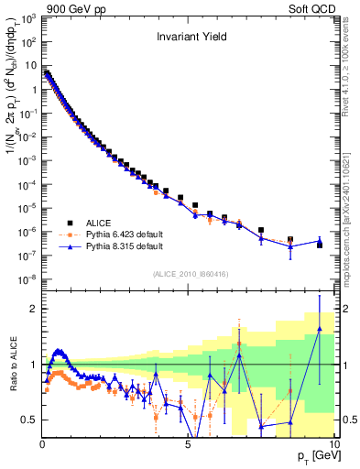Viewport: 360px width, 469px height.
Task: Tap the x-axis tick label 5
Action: coord(188,445)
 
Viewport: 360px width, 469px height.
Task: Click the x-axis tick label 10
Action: coord(333,445)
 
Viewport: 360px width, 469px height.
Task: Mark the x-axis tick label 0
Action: coord(42,445)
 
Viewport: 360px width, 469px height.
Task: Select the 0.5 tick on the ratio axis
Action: coord(30,420)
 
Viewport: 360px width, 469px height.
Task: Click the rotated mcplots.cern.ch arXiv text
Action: coord(351,220)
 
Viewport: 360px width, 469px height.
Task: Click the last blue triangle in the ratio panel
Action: coord(319,328)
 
